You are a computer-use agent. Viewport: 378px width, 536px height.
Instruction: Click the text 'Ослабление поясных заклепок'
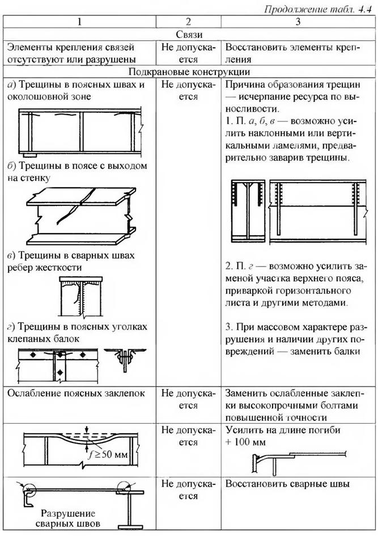[73, 393]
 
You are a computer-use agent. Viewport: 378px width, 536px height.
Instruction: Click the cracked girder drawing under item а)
[79, 132]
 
